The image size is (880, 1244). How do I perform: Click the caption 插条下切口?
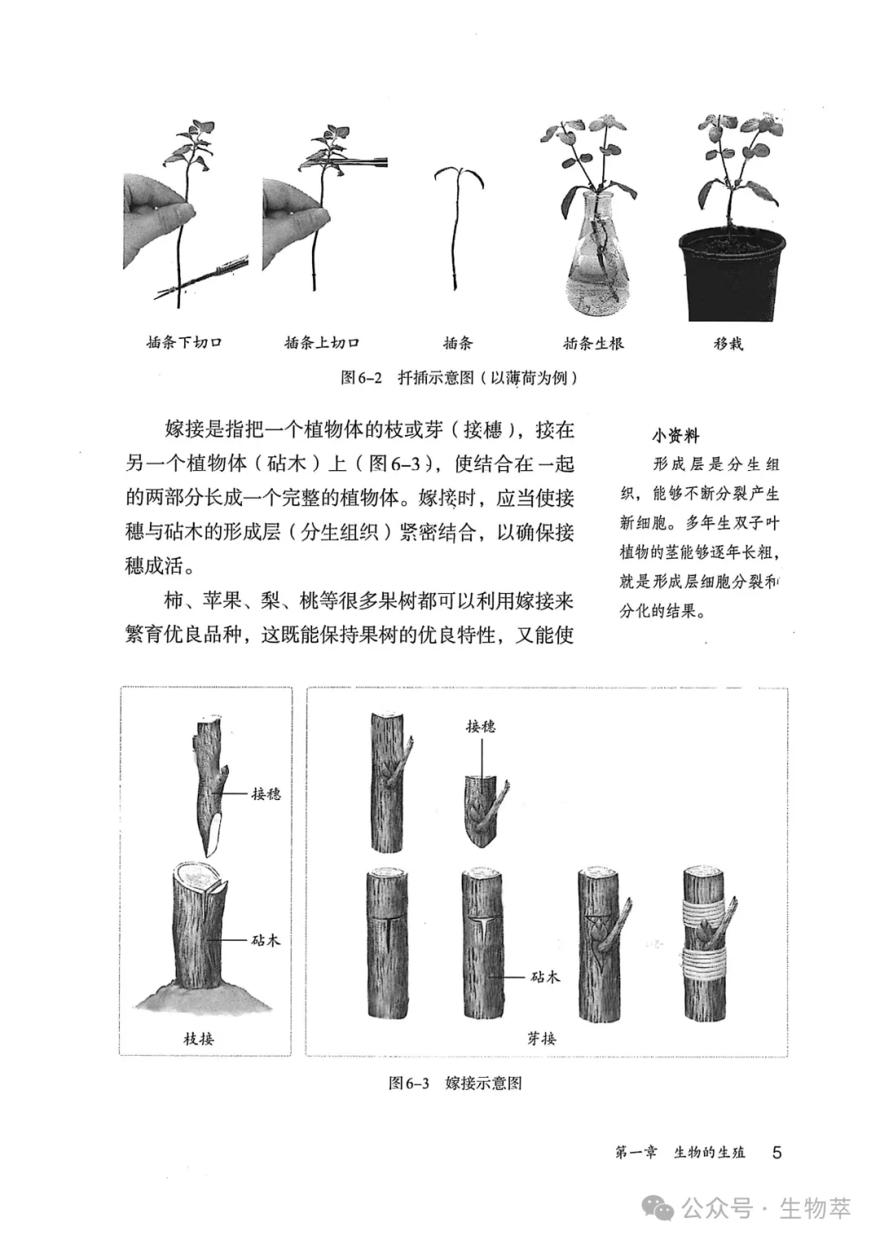click(x=184, y=343)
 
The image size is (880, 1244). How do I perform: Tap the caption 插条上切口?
click(x=322, y=343)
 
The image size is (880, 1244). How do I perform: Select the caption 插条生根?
click(x=593, y=343)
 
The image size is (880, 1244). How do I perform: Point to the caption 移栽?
click(x=728, y=343)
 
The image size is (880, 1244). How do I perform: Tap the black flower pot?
click(x=732, y=273)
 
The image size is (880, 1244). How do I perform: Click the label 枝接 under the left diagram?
click(x=199, y=1039)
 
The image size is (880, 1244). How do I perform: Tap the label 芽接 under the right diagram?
click(x=542, y=1039)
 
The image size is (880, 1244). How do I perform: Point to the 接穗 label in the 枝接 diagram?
click(x=266, y=793)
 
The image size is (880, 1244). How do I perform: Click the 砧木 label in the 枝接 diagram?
click(x=266, y=940)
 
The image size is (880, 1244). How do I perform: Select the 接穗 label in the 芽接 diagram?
click(x=481, y=726)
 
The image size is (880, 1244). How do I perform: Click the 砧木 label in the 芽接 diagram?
click(x=545, y=976)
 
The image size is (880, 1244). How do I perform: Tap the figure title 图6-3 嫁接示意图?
click(x=455, y=1083)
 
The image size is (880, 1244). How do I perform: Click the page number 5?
click(x=777, y=1152)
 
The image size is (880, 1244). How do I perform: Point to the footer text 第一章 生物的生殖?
click(x=680, y=1152)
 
